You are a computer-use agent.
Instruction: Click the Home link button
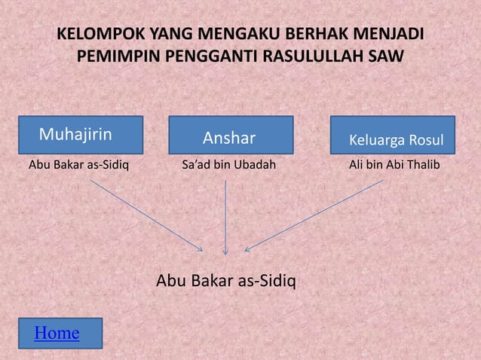[x=57, y=332]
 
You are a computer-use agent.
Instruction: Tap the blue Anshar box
[x=230, y=138]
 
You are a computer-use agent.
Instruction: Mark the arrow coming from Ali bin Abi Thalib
[x=313, y=215]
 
